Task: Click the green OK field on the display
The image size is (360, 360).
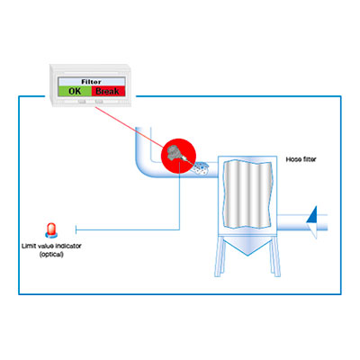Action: (75, 91)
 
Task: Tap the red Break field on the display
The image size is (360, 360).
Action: (108, 91)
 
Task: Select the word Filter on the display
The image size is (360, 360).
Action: (91, 82)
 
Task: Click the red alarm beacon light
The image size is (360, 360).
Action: (51, 230)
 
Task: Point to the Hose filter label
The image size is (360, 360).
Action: (301, 159)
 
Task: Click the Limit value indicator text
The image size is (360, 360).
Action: (51, 246)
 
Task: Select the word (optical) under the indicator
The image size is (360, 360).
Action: (51, 255)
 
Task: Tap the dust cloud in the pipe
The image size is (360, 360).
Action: (201, 168)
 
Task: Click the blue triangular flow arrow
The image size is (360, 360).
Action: (312, 214)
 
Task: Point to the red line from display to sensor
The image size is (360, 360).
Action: (130, 127)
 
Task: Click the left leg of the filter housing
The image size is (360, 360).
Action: (220, 256)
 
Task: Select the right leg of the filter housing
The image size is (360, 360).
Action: (274, 256)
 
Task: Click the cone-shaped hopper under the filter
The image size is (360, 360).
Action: (247, 246)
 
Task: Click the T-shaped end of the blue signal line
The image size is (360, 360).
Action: (76, 229)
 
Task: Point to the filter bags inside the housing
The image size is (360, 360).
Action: (248, 194)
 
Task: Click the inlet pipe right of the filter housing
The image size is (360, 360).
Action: (301, 222)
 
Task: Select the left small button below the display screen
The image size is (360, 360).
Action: (82, 102)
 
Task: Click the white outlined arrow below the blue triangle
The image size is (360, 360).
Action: (313, 230)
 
